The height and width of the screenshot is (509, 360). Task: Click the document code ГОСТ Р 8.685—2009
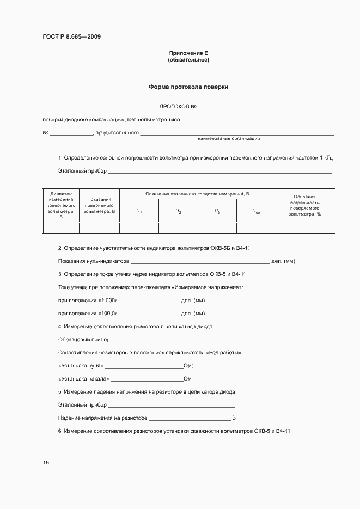coord(71,36)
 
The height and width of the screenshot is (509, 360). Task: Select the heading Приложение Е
coord(188,53)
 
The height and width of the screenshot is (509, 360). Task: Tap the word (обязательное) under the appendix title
coord(188,59)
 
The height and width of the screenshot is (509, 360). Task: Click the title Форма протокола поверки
coord(188,87)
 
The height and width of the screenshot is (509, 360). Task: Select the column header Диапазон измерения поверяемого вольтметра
coord(61,205)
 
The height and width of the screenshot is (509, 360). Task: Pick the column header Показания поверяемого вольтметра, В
coord(99,205)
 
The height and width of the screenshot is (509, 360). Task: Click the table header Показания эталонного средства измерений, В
coord(197,194)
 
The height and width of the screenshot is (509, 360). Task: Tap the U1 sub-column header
coord(139,211)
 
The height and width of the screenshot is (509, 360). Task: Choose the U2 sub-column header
coord(178,211)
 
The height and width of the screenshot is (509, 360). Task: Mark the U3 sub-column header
coord(217,211)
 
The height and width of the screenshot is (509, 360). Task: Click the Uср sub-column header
coord(256,211)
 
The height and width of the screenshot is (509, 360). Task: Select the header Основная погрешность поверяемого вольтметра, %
coord(304,205)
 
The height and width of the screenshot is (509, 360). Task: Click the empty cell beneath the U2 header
coord(178,228)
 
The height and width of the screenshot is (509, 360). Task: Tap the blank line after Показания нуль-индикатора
coord(200,261)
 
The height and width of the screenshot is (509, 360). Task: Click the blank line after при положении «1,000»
coord(149,301)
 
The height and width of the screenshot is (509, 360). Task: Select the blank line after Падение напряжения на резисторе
coord(189,418)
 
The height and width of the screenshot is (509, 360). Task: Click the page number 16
coord(46,462)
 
